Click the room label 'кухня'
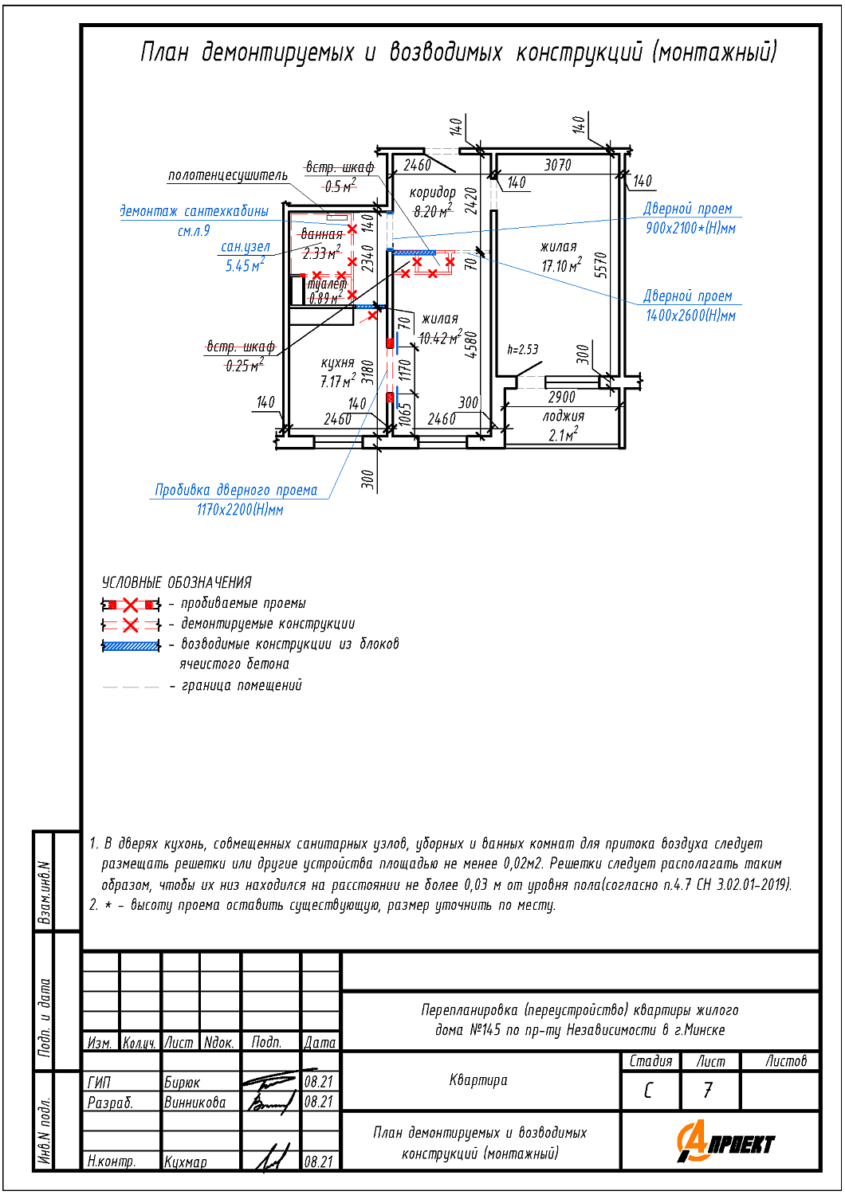[x=337, y=363]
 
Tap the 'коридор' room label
[x=432, y=193]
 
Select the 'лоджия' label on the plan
[x=563, y=417]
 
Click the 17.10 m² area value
[x=561, y=265]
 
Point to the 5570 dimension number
[x=600, y=265]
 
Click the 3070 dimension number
[x=558, y=166]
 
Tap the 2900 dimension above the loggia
[x=561, y=397]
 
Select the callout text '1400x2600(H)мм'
[x=690, y=315]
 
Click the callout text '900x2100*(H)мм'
[x=690, y=229]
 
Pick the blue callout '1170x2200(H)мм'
[x=240, y=510]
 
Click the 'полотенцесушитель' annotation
[x=228, y=175]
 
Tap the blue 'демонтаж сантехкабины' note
[x=194, y=211]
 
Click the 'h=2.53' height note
[x=523, y=350]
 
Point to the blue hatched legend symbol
[x=131, y=646]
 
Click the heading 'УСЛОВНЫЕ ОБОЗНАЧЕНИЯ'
[x=177, y=582]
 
